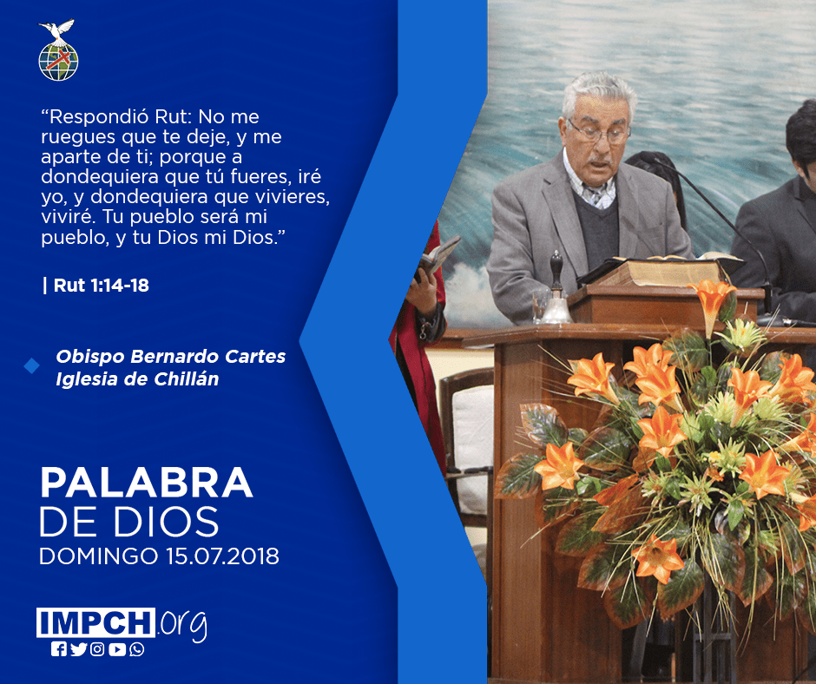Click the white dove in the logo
pyautogui.click(x=57, y=31)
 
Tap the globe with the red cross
pyautogui.click(x=58, y=62)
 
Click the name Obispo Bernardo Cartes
pyautogui.click(x=171, y=357)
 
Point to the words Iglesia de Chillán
pyautogui.click(x=137, y=379)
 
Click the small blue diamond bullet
pyautogui.click(x=32, y=366)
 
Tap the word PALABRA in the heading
pyautogui.click(x=146, y=483)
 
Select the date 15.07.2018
pyautogui.click(x=223, y=556)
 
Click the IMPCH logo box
pyautogui.click(x=95, y=622)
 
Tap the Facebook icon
pyautogui.click(x=59, y=649)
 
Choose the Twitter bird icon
pyautogui.click(x=78, y=649)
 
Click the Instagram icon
pyautogui.click(x=97, y=649)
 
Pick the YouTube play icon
pyautogui.click(x=117, y=649)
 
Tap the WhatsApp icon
pyautogui.click(x=137, y=649)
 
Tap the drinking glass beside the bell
pyautogui.click(x=539, y=306)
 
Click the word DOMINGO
pyautogui.click(x=98, y=556)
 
